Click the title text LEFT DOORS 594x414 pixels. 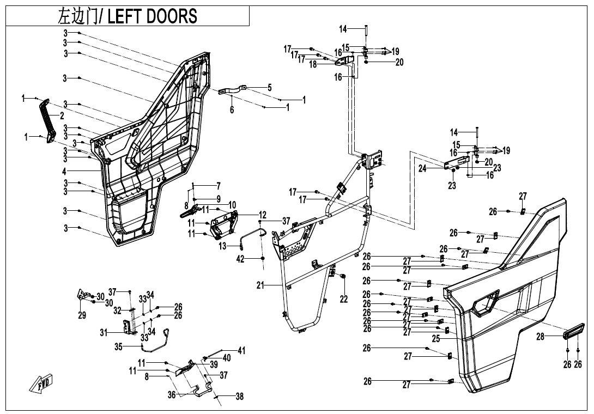pos(153,16)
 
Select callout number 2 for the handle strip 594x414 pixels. pos(62,116)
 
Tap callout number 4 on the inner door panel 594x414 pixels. pos(65,171)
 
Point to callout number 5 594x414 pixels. pos(269,87)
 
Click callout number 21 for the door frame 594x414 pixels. pos(232,109)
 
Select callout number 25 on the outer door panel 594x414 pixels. pos(436,339)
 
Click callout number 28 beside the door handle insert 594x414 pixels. pos(540,337)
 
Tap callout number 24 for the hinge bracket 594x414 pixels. pos(422,169)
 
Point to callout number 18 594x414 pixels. pos(313,64)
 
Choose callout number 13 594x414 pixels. pos(222,246)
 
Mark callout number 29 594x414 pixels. pos(82,315)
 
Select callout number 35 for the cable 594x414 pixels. pos(118,346)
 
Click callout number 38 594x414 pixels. pos(239,397)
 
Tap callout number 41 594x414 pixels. pos(241,351)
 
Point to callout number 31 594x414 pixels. pos(104,333)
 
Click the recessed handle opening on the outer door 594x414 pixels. pos(486,302)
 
